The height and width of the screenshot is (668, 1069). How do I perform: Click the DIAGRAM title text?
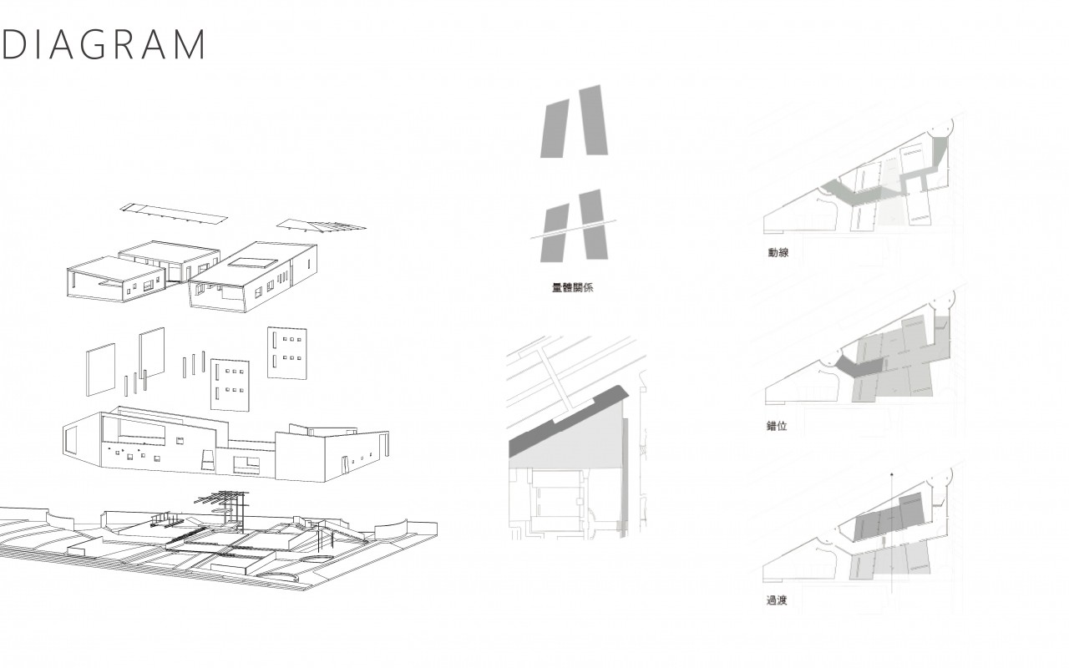104,44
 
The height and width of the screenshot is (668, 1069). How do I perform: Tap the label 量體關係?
572,288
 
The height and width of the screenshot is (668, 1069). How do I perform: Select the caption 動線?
778,253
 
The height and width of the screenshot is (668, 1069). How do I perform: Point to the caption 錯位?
777,426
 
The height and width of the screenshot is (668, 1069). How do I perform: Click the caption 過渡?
777,600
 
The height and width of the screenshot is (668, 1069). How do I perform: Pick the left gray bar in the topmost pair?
555,129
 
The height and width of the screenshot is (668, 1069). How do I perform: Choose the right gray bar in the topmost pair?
594,120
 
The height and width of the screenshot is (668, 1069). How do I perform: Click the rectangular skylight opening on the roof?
253,262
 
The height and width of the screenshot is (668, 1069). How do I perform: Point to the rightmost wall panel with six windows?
286,353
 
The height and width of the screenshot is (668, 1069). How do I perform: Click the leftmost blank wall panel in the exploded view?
101,370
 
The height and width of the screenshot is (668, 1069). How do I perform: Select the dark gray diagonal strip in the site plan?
568,423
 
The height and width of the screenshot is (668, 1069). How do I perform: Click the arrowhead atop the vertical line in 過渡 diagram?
891,475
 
